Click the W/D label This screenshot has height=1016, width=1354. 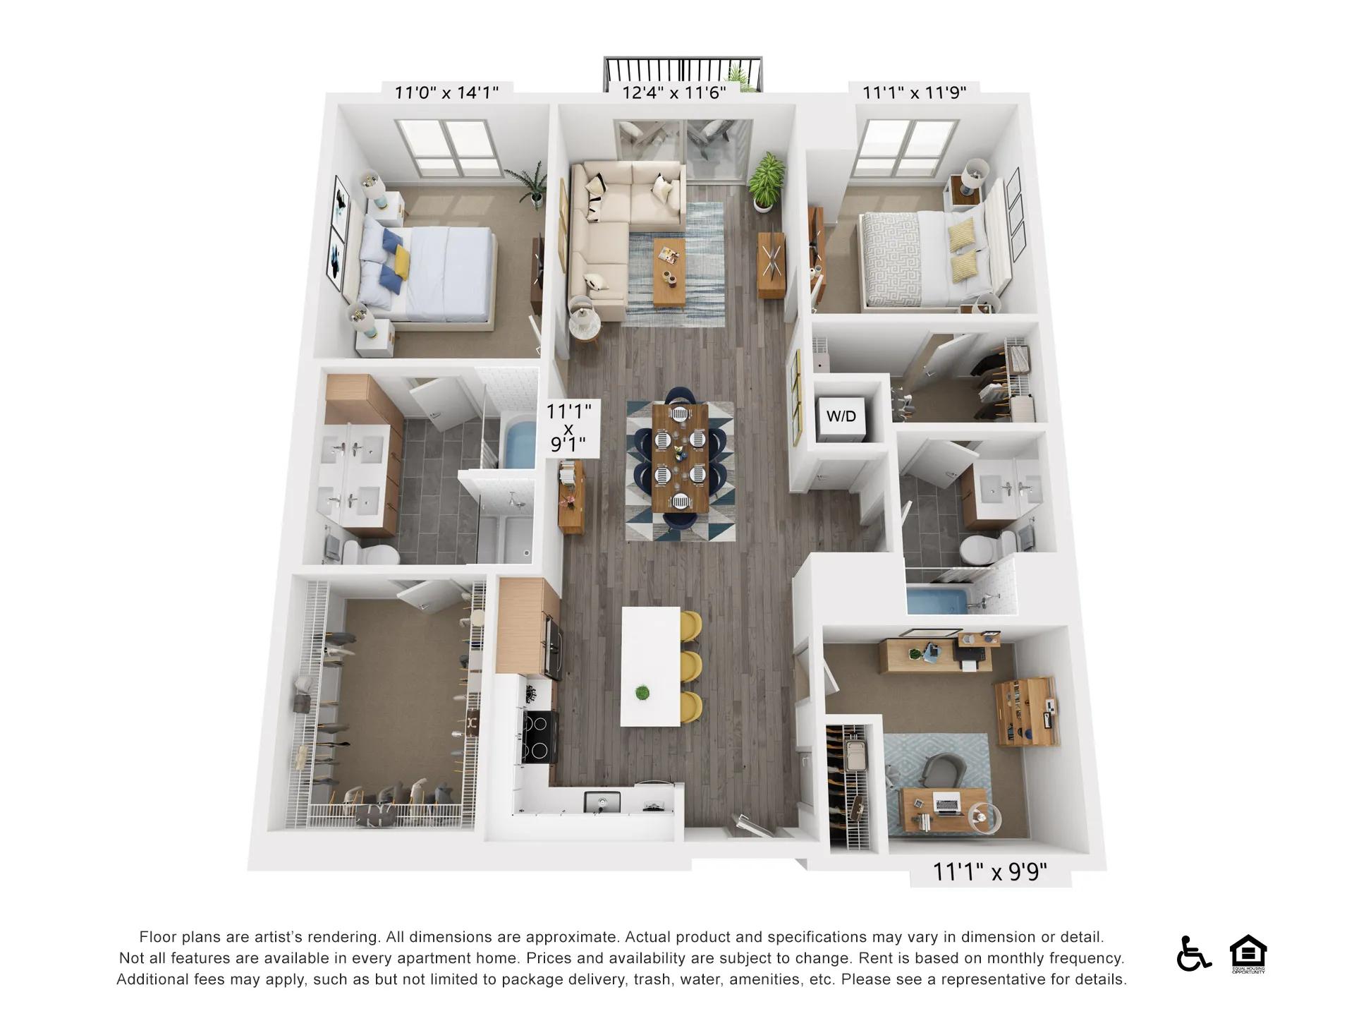[841, 416]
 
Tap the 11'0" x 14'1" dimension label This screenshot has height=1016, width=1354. [446, 92]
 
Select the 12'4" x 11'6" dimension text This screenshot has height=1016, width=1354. [673, 92]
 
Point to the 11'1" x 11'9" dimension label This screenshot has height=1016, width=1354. [915, 92]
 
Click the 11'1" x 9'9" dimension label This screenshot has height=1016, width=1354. [990, 872]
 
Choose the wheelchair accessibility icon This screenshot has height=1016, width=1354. [1193, 953]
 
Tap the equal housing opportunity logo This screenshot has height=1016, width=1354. [1248, 954]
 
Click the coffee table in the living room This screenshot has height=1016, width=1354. [669, 272]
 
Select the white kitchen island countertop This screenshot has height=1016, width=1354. [651, 667]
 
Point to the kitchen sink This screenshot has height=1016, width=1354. [602, 801]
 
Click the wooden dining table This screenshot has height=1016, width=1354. [681, 458]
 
